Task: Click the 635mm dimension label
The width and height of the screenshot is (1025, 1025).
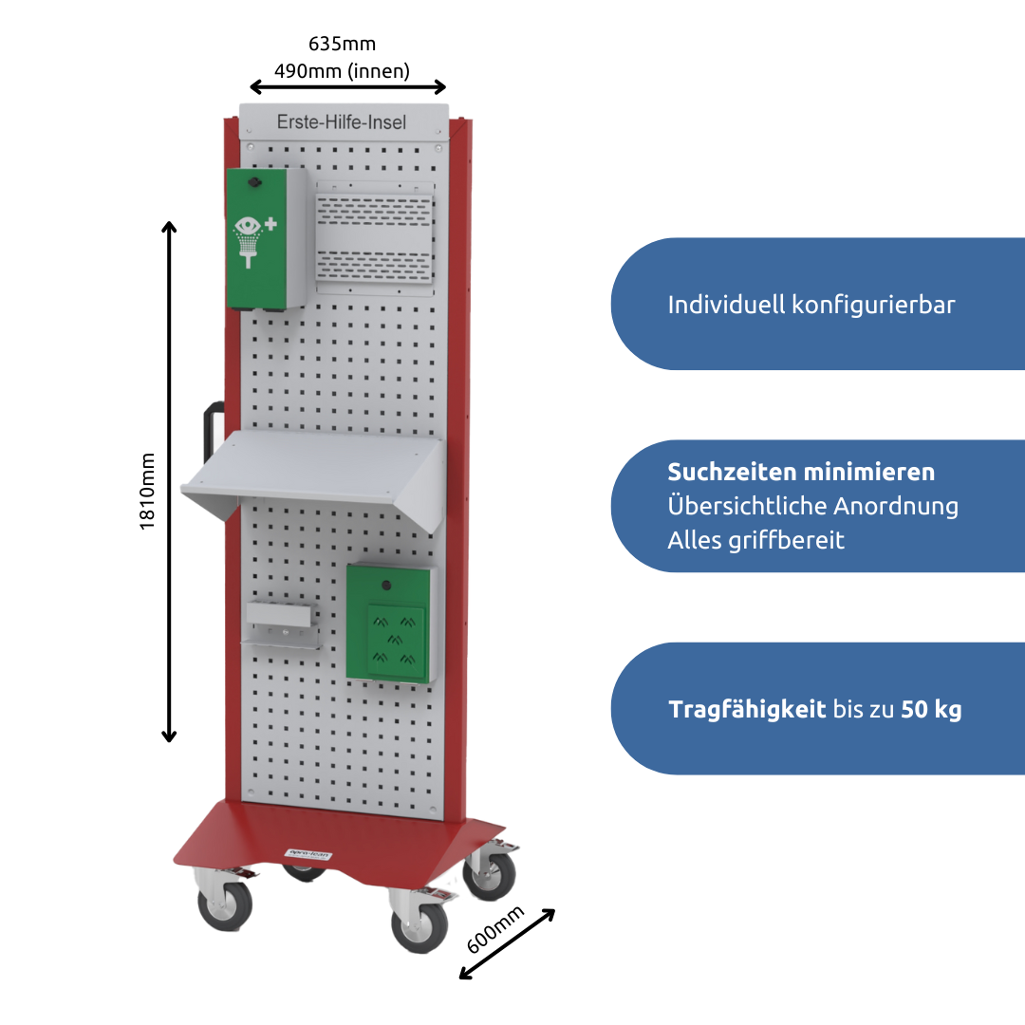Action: (342, 44)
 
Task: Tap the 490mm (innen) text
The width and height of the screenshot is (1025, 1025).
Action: (342, 70)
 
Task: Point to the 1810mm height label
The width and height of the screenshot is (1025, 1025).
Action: (148, 490)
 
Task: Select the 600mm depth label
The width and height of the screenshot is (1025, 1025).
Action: (495, 930)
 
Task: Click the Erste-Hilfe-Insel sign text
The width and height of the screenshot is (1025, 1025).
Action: (342, 122)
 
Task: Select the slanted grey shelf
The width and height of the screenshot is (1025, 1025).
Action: (313, 475)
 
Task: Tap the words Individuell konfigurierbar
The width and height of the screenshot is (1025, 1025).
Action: (811, 305)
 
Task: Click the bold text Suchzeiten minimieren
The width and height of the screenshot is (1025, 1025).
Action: (801, 472)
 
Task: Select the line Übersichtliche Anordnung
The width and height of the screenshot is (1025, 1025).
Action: (812, 506)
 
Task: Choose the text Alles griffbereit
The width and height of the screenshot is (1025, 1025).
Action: (755, 540)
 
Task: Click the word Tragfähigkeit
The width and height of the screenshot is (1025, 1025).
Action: (747, 709)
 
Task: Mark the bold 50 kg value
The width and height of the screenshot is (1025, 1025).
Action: (931, 709)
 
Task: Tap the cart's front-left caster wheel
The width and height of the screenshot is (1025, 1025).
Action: (225, 904)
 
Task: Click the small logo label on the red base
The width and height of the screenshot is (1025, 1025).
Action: (309, 854)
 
